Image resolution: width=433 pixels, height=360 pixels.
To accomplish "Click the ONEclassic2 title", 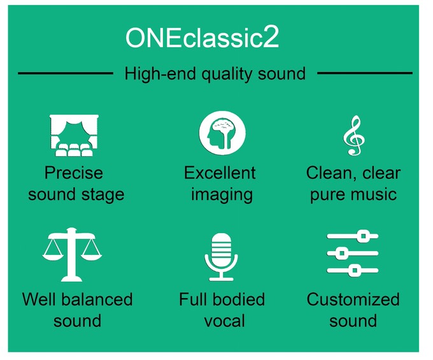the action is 202,38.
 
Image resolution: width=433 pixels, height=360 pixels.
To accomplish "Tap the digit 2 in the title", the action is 271,37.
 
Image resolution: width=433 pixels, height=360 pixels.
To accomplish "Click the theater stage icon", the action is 74,135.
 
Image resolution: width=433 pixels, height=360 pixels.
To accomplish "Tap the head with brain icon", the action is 222,133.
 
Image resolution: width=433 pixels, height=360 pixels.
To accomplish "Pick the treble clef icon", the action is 354,135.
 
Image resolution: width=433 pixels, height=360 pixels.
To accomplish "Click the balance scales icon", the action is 72,254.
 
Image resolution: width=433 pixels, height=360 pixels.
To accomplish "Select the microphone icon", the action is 221,257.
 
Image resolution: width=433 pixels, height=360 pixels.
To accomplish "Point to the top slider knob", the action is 364,236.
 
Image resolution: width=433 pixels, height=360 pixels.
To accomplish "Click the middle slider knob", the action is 341,253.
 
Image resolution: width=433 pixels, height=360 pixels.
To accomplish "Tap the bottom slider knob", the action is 355,270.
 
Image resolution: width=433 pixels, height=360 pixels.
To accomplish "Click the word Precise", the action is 74,173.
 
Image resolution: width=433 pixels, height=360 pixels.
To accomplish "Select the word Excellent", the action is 220,173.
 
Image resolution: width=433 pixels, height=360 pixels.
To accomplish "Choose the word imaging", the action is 222,195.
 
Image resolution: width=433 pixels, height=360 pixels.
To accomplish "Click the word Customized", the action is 353,299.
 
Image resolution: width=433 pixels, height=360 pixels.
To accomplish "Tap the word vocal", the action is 225,321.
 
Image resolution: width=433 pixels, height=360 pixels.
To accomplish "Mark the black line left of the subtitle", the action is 66,73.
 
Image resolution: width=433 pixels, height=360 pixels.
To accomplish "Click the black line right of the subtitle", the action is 365,73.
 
